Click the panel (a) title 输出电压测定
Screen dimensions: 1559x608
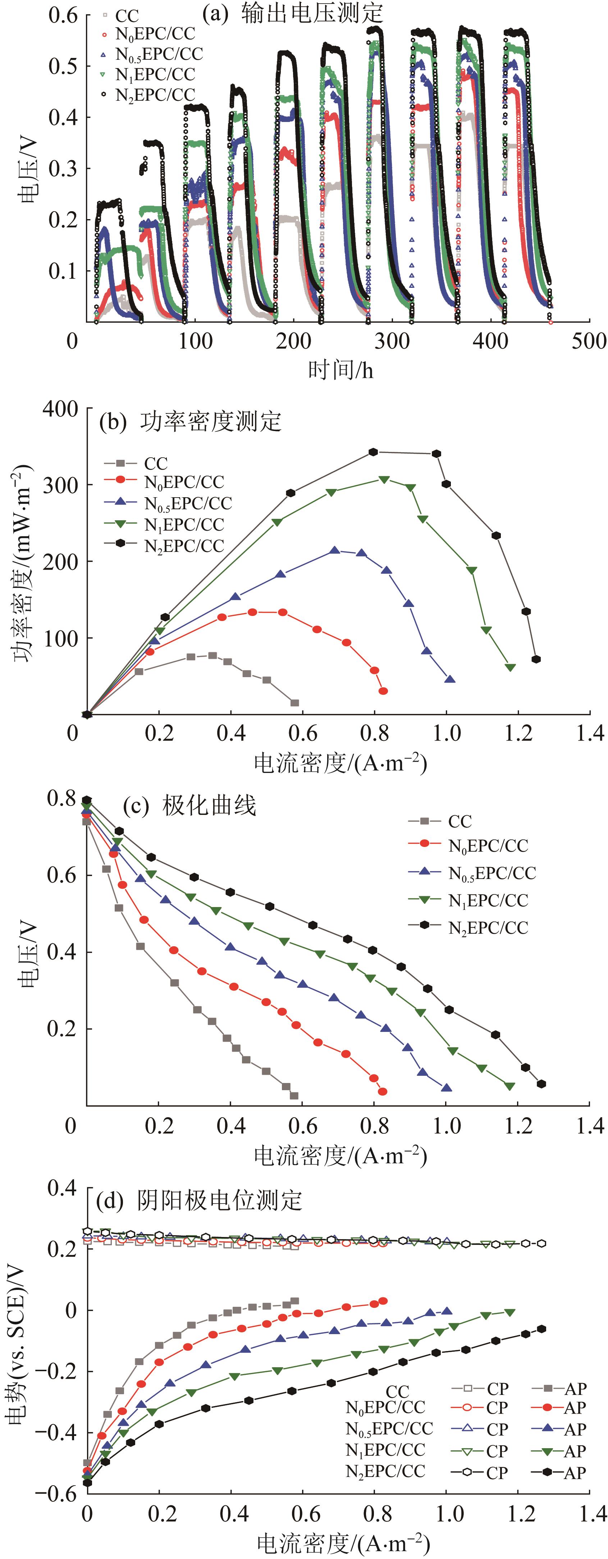312,13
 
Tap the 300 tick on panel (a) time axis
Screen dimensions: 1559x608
392,341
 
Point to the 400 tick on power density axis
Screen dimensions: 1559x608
60,409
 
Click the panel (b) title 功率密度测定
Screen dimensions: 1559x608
211,422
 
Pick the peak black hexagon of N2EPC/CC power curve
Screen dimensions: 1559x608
373,452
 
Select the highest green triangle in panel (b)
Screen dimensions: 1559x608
384,479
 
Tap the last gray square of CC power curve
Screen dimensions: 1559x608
294,703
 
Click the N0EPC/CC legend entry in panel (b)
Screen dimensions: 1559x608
183,482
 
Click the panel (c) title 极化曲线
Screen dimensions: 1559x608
209,806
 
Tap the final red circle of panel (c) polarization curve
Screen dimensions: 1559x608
382,1091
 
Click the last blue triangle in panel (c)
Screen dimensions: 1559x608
447,1088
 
